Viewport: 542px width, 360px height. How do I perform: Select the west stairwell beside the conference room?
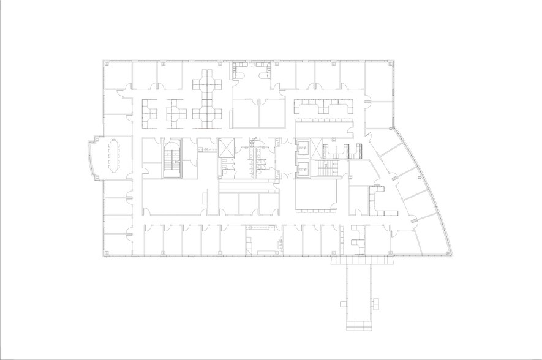(172, 159)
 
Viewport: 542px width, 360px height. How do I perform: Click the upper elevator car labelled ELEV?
(303, 147)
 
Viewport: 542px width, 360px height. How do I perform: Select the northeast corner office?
(378, 80)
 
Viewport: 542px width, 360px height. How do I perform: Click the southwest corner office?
(116, 244)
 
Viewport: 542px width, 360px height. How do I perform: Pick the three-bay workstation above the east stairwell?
(342, 150)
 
